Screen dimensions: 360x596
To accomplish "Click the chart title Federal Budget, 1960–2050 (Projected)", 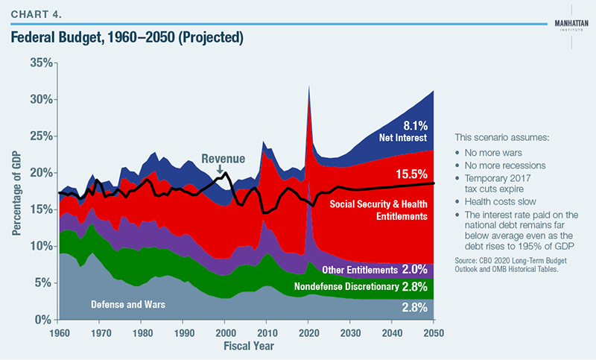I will [127, 36].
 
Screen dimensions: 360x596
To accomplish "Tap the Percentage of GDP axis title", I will [16, 192].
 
